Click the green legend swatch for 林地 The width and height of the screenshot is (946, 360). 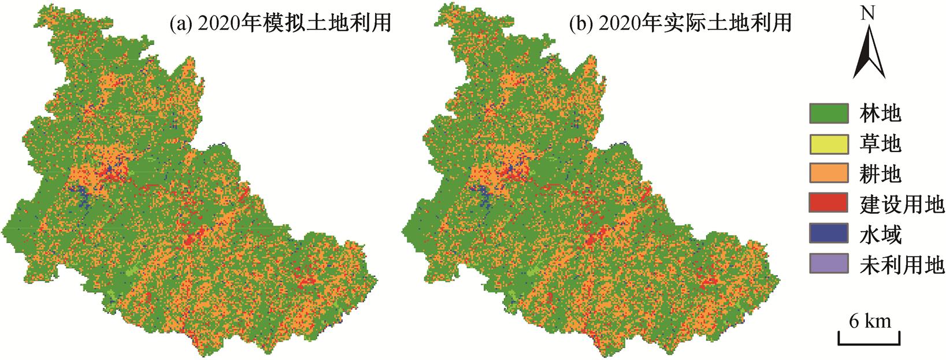tap(829, 113)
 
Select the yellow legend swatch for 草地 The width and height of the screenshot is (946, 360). tap(829, 143)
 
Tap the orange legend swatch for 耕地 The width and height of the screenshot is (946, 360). tap(829, 173)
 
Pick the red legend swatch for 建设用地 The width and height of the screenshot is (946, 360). tap(829, 203)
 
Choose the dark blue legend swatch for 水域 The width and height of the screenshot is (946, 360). tap(829, 233)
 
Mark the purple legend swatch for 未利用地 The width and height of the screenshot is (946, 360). tap(829, 263)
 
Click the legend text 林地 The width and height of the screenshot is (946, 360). tap(880, 113)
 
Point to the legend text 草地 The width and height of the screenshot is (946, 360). tap(880, 143)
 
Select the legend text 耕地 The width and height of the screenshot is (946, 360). tap(880, 173)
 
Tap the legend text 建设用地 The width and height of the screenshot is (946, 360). tap(902, 203)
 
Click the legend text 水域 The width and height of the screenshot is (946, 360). tap(880, 234)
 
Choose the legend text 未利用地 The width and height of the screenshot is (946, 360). tap(902, 264)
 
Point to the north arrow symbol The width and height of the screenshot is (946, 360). tap(869, 52)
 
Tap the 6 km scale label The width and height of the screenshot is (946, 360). tap(870, 321)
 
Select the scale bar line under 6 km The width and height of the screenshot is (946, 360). tap(869, 344)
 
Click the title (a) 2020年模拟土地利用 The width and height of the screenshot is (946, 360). tap(281, 23)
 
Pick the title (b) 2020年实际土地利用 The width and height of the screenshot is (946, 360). tap(680, 23)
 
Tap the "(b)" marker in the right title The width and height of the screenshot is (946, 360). tap(579, 23)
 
